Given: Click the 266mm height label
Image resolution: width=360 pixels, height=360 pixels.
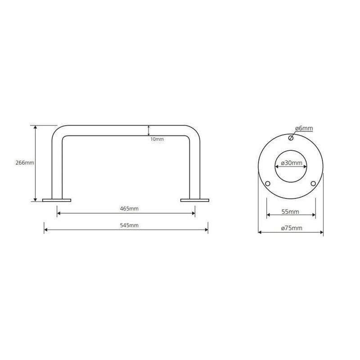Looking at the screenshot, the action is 25,163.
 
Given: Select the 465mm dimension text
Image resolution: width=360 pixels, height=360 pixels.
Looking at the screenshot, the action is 129,209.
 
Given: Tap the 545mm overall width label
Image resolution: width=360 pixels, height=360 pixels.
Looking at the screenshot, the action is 129,225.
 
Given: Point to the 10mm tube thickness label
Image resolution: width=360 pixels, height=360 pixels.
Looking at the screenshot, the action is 157,139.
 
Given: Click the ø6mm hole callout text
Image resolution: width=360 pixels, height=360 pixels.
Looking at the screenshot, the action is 304,128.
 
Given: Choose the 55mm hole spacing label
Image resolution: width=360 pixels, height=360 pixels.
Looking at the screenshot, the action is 290,211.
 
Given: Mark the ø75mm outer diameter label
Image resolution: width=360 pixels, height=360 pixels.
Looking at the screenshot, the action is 292,228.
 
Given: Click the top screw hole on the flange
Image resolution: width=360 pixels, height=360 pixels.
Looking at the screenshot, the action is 291,138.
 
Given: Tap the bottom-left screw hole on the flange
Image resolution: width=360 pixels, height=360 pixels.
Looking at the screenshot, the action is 268,184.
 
